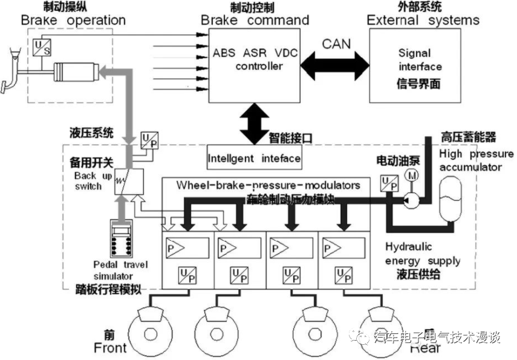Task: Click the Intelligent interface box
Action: (254, 159)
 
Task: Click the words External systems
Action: (423, 20)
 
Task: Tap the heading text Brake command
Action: (255, 20)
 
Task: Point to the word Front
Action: (111, 348)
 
